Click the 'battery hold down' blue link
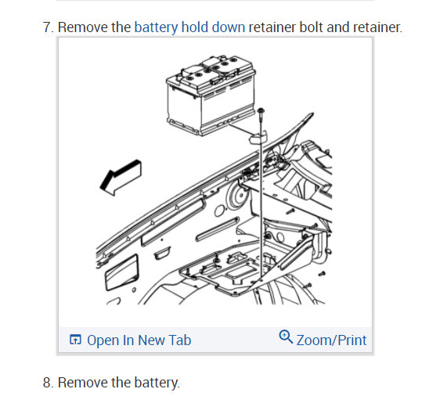pyautogui.click(x=189, y=27)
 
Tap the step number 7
pyautogui.click(x=49, y=27)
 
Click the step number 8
pyautogui.click(x=49, y=382)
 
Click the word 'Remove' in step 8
pyautogui.click(x=83, y=382)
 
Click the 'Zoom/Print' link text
pyautogui.click(x=331, y=340)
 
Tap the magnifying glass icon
pyautogui.click(x=286, y=337)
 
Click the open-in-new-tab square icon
pyautogui.click(x=75, y=340)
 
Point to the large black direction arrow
pyautogui.click(x=121, y=177)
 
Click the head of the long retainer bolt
pyautogui.click(x=261, y=111)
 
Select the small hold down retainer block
pyautogui.click(x=258, y=137)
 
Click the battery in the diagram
pyautogui.click(x=211, y=95)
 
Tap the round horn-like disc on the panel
pyautogui.click(x=238, y=196)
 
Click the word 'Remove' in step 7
pyautogui.click(x=83, y=27)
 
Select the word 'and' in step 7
pyautogui.click(x=338, y=27)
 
